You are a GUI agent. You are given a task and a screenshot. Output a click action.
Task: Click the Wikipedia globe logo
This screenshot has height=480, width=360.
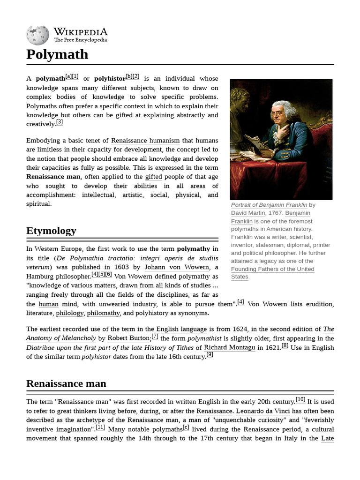[x=38, y=35]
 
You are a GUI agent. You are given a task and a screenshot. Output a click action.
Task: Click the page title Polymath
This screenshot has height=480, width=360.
[x=57, y=54]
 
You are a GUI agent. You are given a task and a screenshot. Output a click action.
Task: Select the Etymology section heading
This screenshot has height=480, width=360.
[x=51, y=231]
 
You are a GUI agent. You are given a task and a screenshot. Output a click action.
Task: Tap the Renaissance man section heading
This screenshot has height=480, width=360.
[x=66, y=383]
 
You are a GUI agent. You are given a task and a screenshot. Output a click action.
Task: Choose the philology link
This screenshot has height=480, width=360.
[x=69, y=313]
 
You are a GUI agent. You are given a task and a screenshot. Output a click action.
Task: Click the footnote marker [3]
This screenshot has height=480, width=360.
[x=59, y=123]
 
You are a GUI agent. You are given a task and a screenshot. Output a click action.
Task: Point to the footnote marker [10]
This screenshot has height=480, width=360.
[x=300, y=400]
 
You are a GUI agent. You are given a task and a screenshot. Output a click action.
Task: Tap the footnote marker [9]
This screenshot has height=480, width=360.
[x=210, y=355]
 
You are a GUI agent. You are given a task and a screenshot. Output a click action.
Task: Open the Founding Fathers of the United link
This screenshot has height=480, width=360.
[x=272, y=269]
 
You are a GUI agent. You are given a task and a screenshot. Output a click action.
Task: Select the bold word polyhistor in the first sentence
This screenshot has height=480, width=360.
[x=110, y=79]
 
